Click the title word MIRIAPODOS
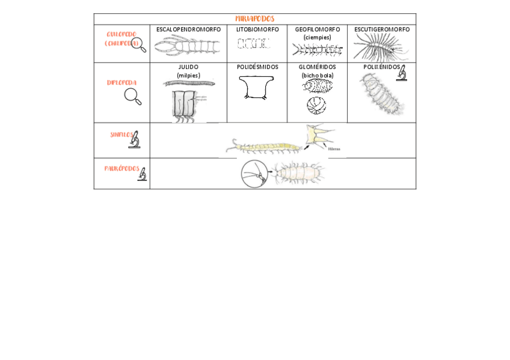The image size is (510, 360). (254, 19)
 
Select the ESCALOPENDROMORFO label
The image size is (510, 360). (188, 29)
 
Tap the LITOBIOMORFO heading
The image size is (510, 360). (257, 29)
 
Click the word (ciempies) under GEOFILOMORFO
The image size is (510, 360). (317, 37)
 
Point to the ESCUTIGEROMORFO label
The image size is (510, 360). (382, 29)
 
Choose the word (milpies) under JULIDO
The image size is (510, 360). (188, 75)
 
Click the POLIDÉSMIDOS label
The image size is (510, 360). (257, 67)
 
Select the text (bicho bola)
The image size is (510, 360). (317, 75)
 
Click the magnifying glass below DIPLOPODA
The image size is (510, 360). (133, 97)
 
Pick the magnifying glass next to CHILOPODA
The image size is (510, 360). (140, 44)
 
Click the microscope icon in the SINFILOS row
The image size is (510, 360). (134, 139)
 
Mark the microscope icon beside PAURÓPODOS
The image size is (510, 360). (143, 174)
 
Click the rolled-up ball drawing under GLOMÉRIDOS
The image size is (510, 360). (316, 105)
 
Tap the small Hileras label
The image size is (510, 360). (334, 148)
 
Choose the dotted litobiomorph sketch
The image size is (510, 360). (253, 44)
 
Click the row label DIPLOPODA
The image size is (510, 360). (121, 82)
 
